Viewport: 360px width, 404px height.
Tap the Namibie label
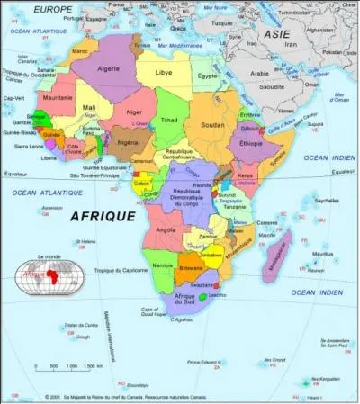coord(162,267)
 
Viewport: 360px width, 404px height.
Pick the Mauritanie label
coord(57,97)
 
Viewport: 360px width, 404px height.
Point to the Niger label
coord(133,114)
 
